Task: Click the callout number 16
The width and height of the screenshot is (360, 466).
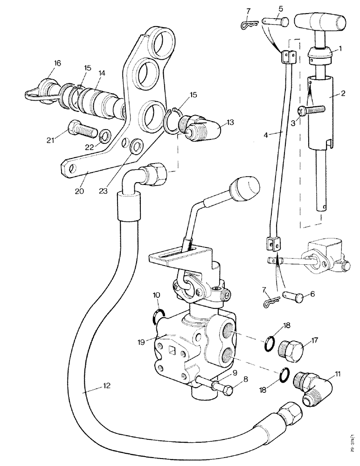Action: tap(57, 63)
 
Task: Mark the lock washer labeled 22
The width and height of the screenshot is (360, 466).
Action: tap(106, 137)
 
